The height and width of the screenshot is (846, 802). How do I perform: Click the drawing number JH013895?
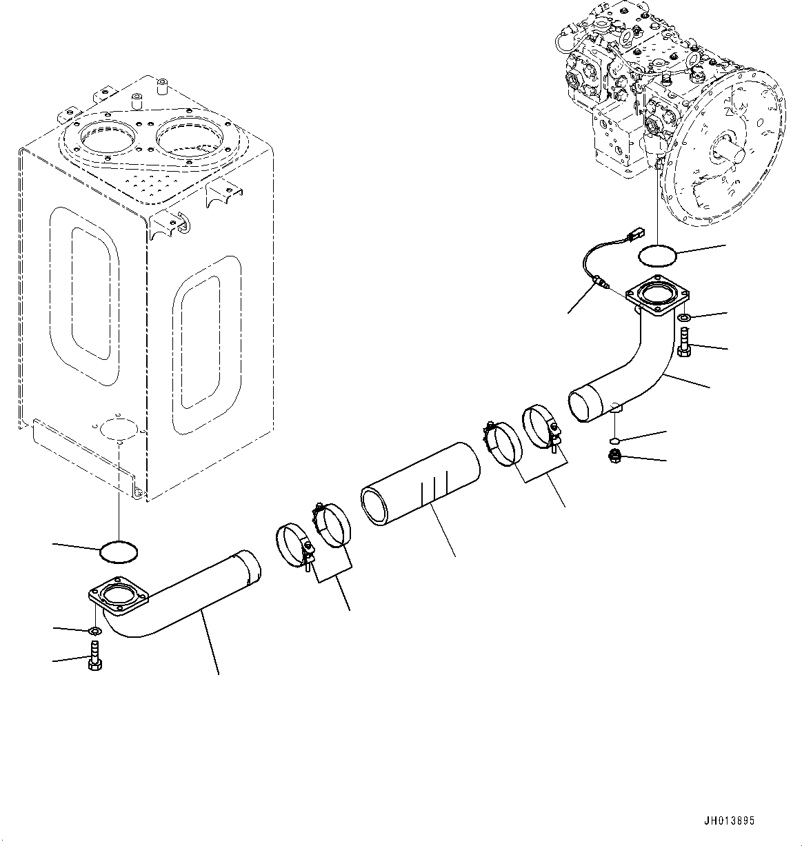pyautogui.click(x=729, y=820)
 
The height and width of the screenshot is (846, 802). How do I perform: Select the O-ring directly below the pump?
pyautogui.click(x=657, y=256)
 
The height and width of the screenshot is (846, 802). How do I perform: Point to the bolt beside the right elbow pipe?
pyautogui.click(x=683, y=343)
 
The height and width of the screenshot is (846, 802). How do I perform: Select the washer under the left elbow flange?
pyautogui.click(x=94, y=631)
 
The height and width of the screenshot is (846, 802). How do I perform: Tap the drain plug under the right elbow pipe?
pyautogui.click(x=614, y=456)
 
